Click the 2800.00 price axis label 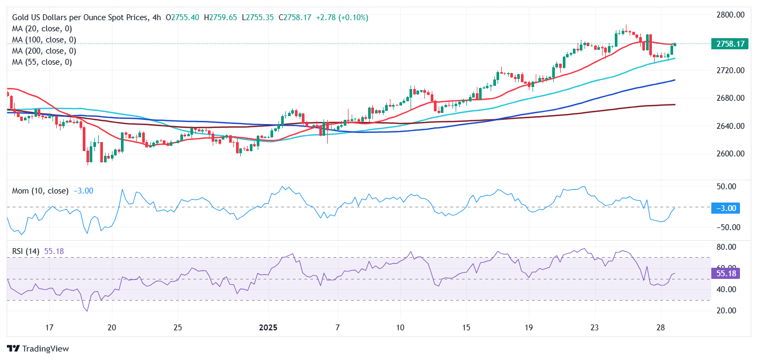point(729,14)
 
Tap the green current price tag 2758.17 point(730,44)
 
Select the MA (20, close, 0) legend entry point(42,29)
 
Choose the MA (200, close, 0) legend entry point(44,51)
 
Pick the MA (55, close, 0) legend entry point(42,62)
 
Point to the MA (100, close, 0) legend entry point(44,40)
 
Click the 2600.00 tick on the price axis point(729,154)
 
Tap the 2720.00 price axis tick point(729,71)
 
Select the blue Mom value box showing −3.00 point(726,208)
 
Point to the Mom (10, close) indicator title point(40,191)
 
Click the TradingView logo point(38,349)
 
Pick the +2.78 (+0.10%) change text point(343,17)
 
